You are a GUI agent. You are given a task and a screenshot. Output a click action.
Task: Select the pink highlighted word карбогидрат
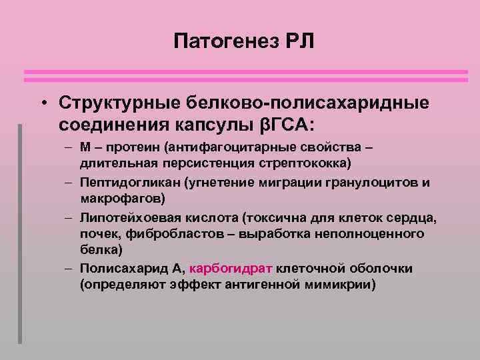(x=231, y=268)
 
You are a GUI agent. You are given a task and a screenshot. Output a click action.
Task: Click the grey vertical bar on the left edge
(x=20, y=233)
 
